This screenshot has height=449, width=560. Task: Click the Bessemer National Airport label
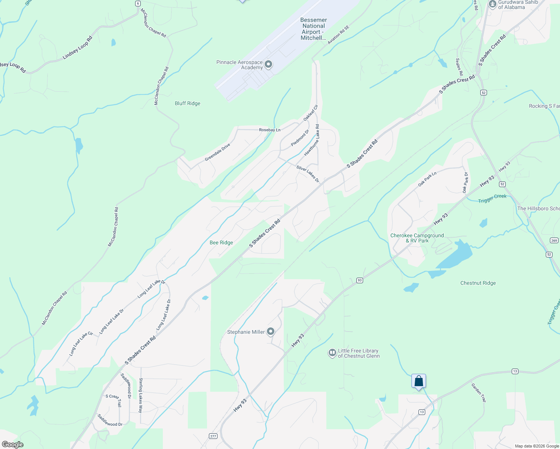(313, 29)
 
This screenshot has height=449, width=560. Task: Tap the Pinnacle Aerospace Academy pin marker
(268, 64)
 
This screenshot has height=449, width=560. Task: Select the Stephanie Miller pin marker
(271, 332)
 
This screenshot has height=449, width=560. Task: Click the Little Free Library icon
(332, 353)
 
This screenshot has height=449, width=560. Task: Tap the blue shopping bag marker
(419, 381)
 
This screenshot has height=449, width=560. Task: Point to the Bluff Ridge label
(188, 103)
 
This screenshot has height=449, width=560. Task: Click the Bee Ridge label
(221, 242)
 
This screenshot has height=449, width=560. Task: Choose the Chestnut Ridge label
(478, 283)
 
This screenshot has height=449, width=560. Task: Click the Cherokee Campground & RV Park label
(417, 238)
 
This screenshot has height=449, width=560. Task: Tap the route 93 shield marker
(359, 280)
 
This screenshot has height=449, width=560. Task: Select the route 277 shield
(213, 436)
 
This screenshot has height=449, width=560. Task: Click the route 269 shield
(554, 240)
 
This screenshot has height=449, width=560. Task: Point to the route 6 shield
(138, 3)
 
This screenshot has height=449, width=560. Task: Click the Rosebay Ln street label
(270, 130)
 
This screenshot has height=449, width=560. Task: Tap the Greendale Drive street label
(217, 153)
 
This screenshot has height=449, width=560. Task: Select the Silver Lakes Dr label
(308, 174)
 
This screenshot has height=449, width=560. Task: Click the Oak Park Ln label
(427, 179)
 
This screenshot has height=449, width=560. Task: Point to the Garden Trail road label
(478, 393)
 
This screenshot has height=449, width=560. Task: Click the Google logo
(12, 445)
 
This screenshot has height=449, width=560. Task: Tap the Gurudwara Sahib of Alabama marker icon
(492, 4)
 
